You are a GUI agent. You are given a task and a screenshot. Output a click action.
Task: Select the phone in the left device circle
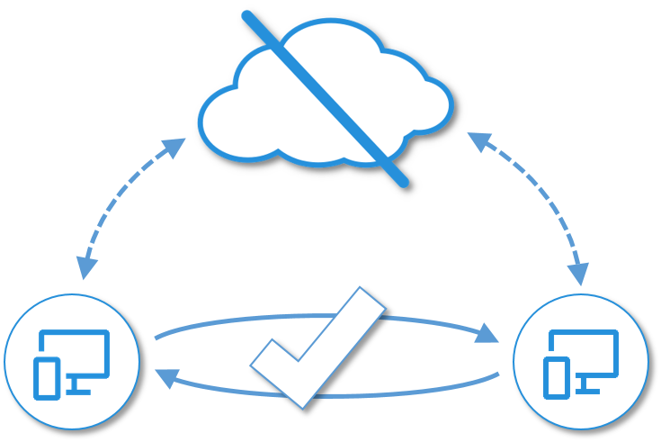coord(46,378)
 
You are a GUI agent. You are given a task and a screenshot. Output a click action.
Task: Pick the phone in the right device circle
coord(557,378)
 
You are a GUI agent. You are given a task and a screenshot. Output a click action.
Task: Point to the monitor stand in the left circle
coord(79,387)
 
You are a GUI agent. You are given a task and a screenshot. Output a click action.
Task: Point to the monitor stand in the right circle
coord(588,387)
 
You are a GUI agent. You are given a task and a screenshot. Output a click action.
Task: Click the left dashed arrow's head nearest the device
coord(85,268)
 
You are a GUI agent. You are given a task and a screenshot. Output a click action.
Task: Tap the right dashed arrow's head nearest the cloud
coord(478,140)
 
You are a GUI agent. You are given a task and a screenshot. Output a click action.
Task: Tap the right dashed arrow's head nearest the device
coord(579,274)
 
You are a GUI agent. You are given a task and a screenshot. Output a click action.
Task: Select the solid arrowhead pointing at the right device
coord(488,331)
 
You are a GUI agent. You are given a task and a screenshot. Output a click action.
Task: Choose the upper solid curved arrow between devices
coord(225,321)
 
